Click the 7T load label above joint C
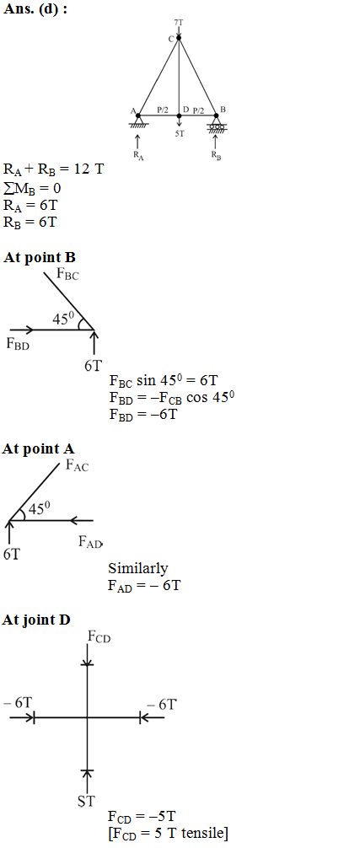pyautogui.click(x=179, y=23)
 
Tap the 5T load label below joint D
pyautogui.click(x=180, y=133)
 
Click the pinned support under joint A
pyautogui.click(x=138, y=122)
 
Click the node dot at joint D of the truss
pyautogui.click(x=179, y=115)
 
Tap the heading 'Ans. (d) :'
pyautogui.click(x=35, y=10)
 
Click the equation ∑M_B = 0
pyautogui.click(x=32, y=190)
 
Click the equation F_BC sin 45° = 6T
pyautogui.click(x=164, y=381)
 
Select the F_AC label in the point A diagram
pyautogui.click(x=77, y=464)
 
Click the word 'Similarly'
pyautogui.click(x=137, y=568)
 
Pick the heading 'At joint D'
pyautogui.click(x=36, y=620)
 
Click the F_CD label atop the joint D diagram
pyautogui.click(x=99, y=637)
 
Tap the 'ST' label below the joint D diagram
pyautogui.click(x=86, y=802)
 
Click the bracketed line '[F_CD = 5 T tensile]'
pyautogui.click(x=168, y=834)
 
